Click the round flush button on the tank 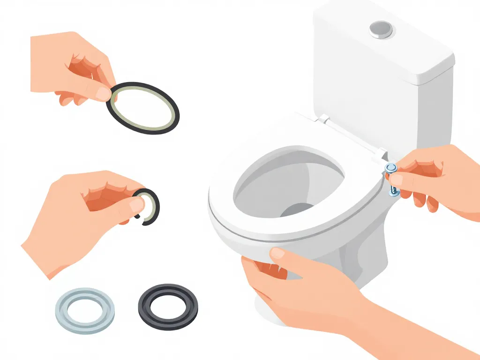pos(381,30)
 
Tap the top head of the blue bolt pos(390,168)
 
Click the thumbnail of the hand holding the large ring pos(102,93)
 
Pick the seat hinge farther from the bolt pos(322,120)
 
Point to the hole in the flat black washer pos(168,305)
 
